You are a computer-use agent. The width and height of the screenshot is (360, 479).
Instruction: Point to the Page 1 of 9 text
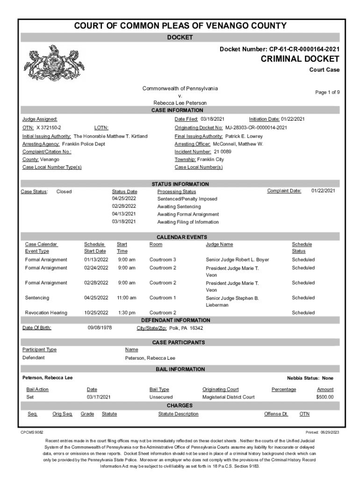click(327, 93)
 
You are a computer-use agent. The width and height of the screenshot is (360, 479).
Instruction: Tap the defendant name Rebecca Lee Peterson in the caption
click(180, 103)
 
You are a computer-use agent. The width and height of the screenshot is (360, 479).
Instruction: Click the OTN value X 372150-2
click(49, 128)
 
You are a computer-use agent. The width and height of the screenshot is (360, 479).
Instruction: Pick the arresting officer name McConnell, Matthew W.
click(238, 144)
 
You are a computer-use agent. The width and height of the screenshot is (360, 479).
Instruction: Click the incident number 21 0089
click(223, 152)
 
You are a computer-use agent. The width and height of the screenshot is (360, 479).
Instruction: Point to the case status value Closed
click(64, 191)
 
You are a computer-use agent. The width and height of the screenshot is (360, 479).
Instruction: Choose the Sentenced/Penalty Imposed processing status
click(187, 199)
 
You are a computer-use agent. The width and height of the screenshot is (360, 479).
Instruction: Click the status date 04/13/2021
click(124, 214)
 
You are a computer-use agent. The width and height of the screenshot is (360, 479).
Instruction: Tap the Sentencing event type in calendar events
click(37, 298)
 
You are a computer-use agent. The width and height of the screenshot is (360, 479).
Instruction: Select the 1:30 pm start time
click(126, 313)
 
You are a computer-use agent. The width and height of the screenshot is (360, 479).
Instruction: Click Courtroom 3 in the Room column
click(163, 260)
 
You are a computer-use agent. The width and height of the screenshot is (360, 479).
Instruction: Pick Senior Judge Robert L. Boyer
click(238, 260)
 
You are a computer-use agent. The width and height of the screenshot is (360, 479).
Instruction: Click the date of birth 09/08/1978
click(100, 328)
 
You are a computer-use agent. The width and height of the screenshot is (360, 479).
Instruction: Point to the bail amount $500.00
click(324, 397)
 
